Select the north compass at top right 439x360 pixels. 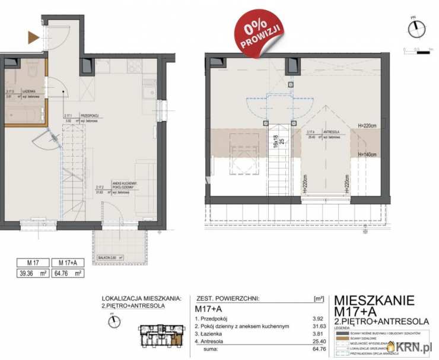[417, 28]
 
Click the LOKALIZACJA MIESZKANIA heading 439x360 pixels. [141, 299]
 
